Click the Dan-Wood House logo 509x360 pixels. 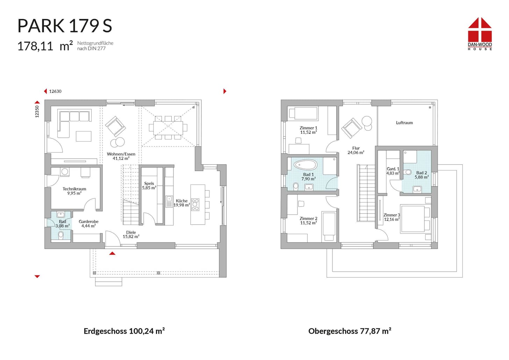(480, 34)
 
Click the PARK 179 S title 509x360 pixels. (65, 26)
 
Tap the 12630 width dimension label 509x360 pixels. (55, 91)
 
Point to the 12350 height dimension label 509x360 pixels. (37, 111)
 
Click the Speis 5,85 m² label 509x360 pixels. (149, 186)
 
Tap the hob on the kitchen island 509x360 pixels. (195, 204)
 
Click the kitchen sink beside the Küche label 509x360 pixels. (169, 201)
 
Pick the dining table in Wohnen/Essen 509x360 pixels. (168, 128)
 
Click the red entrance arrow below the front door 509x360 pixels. (112, 253)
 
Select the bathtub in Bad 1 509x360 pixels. (306, 165)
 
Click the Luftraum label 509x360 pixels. (404, 123)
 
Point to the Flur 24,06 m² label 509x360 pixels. (356, 150)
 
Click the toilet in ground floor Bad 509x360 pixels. (61, 235)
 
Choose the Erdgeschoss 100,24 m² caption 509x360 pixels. (124, 331)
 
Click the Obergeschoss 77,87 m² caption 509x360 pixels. (350, 331)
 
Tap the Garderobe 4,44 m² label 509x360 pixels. (88, 223)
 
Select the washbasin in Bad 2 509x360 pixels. (417, 189)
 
